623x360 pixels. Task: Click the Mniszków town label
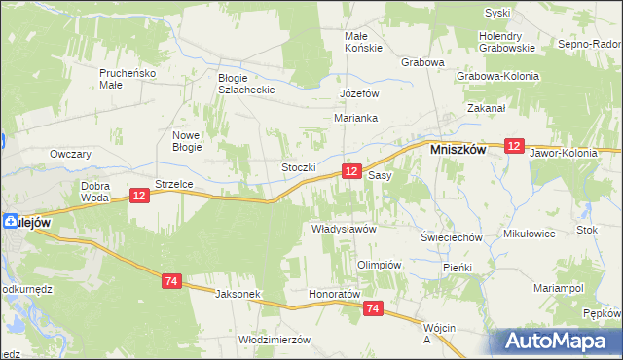point(459,151)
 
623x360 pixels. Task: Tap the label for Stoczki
point(299,167)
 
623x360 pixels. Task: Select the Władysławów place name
point(343,228)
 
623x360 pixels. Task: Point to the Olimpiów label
point(380,265)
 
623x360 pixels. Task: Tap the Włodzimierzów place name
point(274,340)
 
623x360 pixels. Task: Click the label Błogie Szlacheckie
point(247,84)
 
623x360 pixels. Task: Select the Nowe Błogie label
point(186,141)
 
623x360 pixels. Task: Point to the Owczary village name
point(70,154)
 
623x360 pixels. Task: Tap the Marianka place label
point(355,118)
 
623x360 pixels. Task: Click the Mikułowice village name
point(529,234)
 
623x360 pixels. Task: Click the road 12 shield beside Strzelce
point(139,197)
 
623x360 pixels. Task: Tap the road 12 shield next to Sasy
point(352,171)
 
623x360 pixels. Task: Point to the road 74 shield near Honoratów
point(373,308)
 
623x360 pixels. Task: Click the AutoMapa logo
point(561,341)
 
